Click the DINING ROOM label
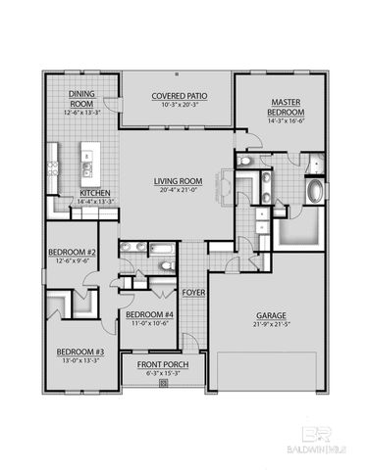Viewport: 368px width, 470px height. click(80, 98)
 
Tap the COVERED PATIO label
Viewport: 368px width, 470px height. click(177, 97)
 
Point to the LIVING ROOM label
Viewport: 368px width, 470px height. click(177, 181)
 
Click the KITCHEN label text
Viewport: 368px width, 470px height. click(94, 193)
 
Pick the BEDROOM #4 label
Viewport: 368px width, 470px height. click(149, 314)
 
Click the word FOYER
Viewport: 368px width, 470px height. click(192, 292)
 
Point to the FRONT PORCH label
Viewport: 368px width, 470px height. click(163, 365)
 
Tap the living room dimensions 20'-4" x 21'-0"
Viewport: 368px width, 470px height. click(177, 190)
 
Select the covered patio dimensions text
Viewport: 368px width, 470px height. click(177, 105)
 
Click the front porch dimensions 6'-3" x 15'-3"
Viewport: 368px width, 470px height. click(163, 374)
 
